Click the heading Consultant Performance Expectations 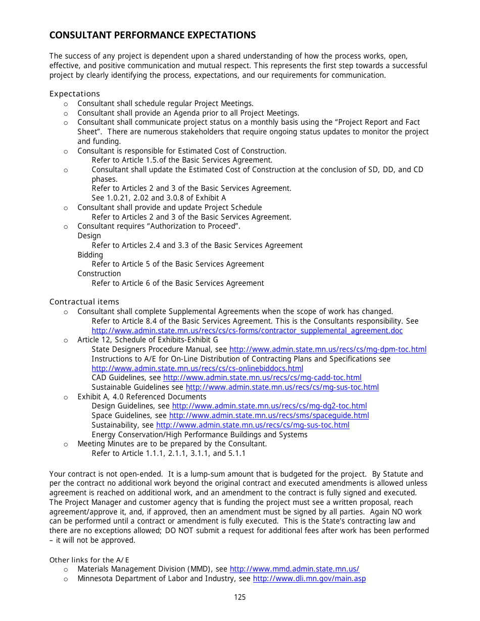pyautogui.click(x=152, y=35)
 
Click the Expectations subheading pyautogui.click(x=74, y=94)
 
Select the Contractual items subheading pyautogui.click(x=84, y=302)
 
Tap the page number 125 pyautogui.click(x=240, y=597)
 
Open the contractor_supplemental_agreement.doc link pyautogui.click(x=247, y=331)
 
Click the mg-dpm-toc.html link pyautogui.click(x=327, y=349)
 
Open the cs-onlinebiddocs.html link pyautogui.click(x=197, y=369)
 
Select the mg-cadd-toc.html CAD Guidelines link pyautogui.click(x=262, y=378)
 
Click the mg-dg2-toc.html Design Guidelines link pyautogui.click(x=269, y=406)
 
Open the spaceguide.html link pyautogui.click(x=269, y=416)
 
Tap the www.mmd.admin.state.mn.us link pyautogui.click(x=294, y=569)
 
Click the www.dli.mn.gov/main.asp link pyautogui.click(x=309, y=579)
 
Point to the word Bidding pyautogui.click(x=90, y=255)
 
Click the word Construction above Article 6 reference pyautogui.click(x=99, y=274)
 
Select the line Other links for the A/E pyautogui.click(x=89, y=560)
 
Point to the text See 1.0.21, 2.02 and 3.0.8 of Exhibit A pyautogui.click(x=159, y=198)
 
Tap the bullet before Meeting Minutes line pyautogui.click(x=66, y=444)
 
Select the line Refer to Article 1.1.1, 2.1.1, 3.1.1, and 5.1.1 pyautogui.click(x=168, y=453)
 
